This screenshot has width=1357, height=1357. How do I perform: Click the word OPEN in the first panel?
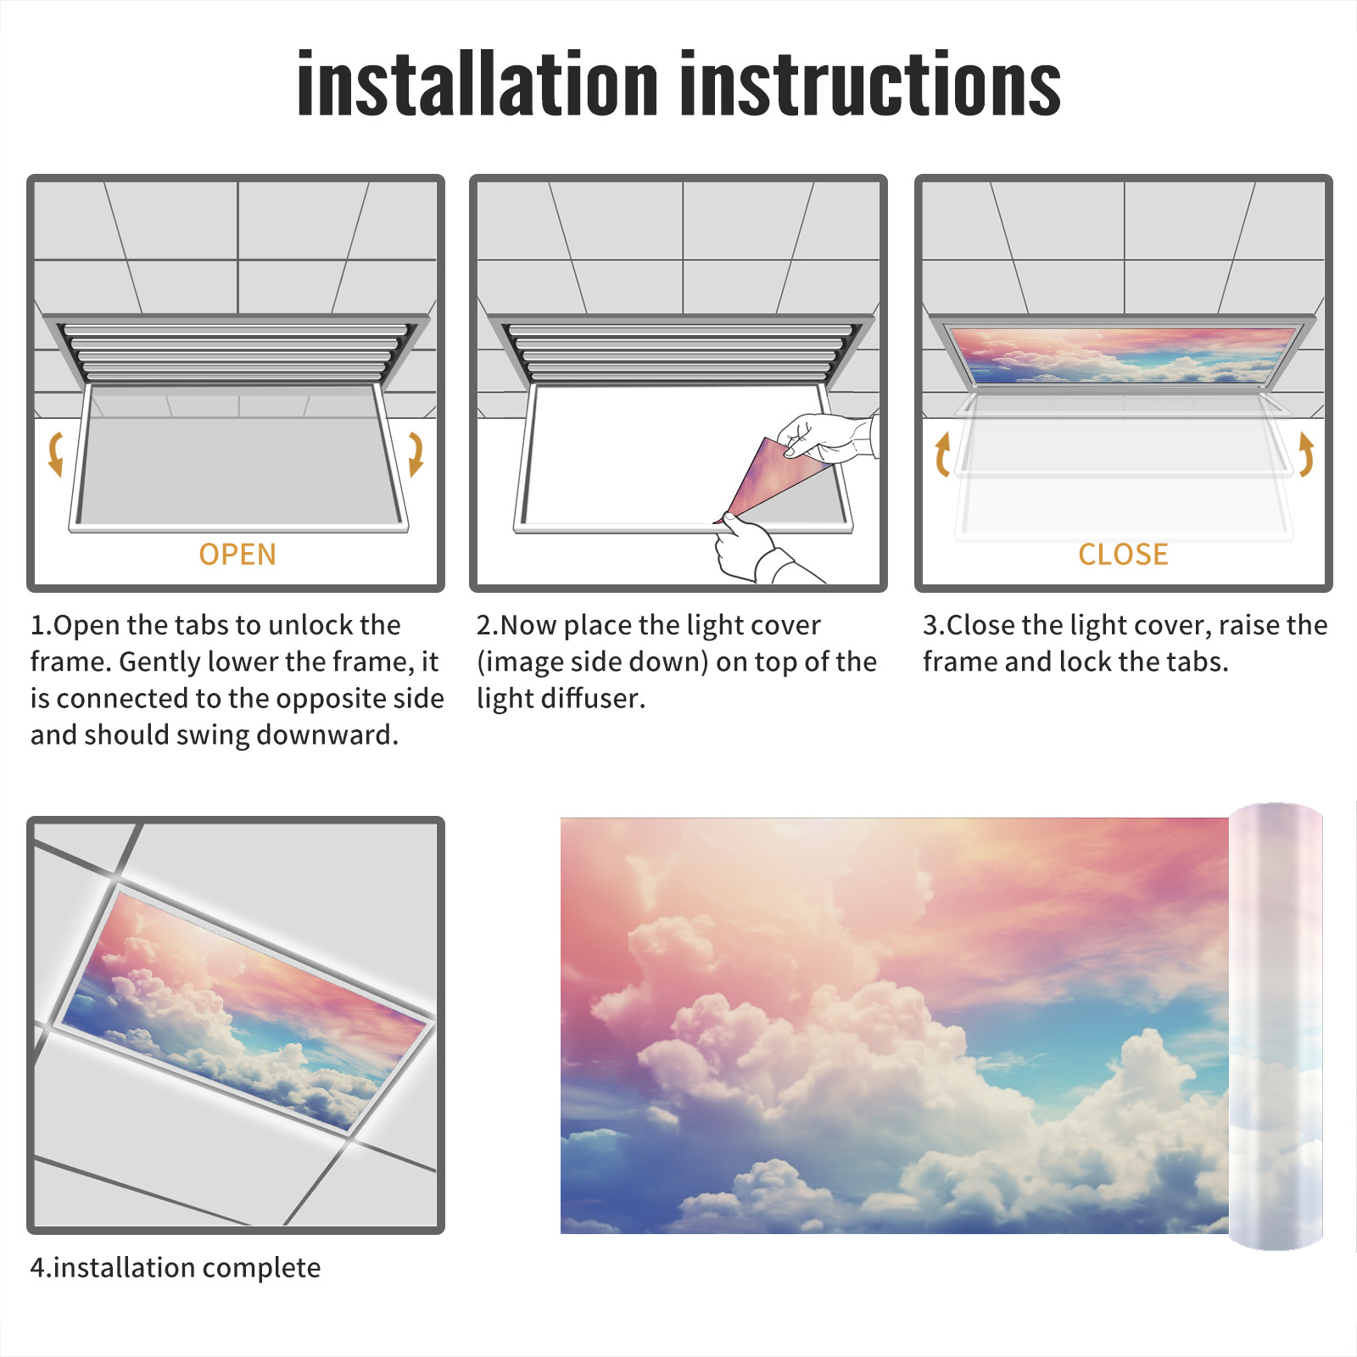click(x=237, y=555)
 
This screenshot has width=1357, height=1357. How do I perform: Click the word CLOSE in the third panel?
click(x=1123, y=555)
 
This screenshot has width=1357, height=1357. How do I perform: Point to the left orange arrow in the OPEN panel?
click(x=55, y=454)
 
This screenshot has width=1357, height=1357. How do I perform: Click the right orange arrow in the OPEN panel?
click(x=416, y=454)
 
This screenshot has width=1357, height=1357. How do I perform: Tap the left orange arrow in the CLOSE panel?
click(x=941, y=454)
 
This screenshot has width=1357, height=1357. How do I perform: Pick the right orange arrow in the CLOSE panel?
click(x=1306, y=454)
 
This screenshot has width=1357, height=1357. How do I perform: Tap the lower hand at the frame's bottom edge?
click(x=755, y=551)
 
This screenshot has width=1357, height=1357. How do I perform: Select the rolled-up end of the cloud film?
click(x=1276, y=1026)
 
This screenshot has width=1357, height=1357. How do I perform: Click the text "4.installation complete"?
click(x=176, y=1268)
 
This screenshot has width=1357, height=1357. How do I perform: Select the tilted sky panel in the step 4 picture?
click(x=246, y=1011)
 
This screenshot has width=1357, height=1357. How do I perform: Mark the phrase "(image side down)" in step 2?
click(x=593, y=662)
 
